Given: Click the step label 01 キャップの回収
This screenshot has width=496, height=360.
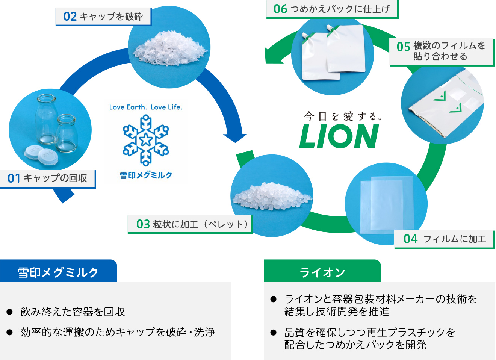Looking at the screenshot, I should coord(48,178).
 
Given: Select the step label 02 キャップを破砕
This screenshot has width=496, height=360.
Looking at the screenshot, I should coord(103,17).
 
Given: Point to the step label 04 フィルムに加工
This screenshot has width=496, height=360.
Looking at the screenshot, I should coord(444,239).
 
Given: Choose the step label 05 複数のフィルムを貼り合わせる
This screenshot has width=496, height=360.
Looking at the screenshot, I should coord(441,51).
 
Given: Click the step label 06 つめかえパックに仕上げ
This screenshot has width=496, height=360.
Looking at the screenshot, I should coord(332,9).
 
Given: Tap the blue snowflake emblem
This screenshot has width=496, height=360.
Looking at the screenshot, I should coord(146,140).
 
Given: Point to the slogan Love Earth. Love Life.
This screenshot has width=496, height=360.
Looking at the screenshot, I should coord(146,107).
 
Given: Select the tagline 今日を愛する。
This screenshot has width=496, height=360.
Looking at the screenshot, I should coord(343,116).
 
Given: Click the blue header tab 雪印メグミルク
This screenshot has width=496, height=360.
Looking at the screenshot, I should coord(58,272).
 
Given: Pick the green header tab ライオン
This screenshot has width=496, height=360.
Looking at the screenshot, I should coord(322,272).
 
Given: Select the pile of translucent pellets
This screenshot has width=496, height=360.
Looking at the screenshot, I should coord(271,195).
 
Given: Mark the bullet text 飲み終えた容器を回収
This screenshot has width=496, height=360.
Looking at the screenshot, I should coord(73,312).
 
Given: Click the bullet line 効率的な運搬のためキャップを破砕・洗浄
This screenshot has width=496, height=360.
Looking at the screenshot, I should coord(118,332).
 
